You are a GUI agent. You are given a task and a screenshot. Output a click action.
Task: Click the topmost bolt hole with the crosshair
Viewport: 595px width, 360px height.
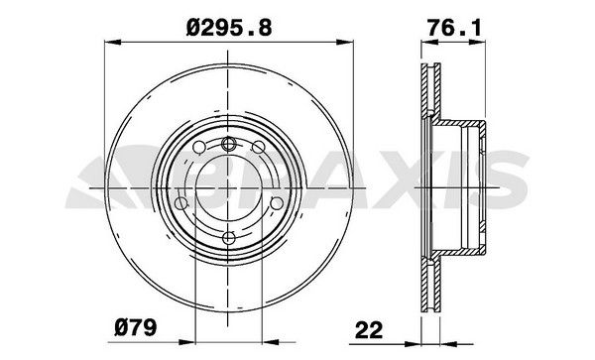(230, 145)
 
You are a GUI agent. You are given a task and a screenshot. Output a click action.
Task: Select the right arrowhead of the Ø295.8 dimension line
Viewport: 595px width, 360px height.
(351, 43)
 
